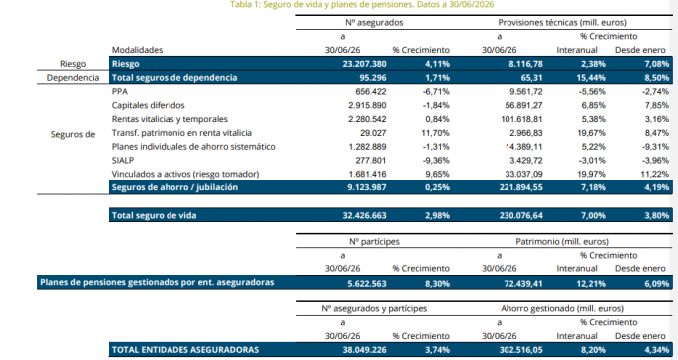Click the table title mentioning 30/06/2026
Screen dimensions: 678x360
[362, 5]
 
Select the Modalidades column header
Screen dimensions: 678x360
[137, 50]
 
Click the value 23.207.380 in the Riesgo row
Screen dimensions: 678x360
[365, 64]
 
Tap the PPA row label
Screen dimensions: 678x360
[120, 92]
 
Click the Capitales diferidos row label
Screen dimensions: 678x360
[148, 105]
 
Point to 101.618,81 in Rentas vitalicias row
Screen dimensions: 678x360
[520, 119]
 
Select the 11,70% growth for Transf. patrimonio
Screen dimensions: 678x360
[435, 133]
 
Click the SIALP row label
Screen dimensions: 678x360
[123, 161]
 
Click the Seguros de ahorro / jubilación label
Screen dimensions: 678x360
[174, 187]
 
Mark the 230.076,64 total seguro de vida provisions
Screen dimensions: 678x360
[521, 215]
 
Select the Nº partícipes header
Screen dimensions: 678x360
[375, 242]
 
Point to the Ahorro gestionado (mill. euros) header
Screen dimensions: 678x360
[562, 308]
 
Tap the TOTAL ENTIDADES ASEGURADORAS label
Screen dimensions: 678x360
[185, 350]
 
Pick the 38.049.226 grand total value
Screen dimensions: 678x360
[365, 350]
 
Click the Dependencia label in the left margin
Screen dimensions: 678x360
[73, 78]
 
